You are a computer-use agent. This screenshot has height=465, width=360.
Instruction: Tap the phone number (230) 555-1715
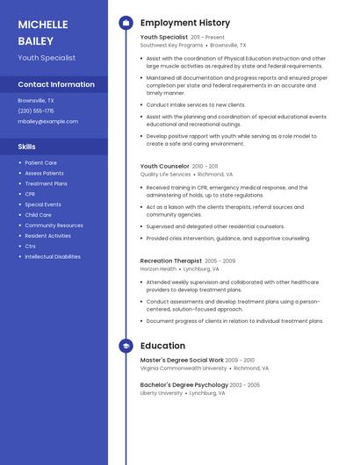coord(36,111)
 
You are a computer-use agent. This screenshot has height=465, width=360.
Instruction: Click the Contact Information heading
coord(56,84)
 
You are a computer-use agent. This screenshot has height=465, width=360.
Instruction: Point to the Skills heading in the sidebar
coord(26,147)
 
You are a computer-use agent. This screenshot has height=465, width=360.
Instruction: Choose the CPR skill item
coord(30,194)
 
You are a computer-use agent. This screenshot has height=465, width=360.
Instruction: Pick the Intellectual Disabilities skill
coord(53,256)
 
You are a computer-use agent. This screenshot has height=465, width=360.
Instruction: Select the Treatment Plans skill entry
coord(46,183)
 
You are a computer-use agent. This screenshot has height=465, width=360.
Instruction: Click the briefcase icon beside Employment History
coord(126,23)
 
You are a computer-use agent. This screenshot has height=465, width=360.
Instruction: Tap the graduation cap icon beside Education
coord(126,346)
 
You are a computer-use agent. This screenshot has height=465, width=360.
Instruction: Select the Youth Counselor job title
coord(164,166)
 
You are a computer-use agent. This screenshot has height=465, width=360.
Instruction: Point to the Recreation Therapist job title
coord(170,261)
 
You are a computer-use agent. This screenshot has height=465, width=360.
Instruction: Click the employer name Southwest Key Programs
coord(170,45)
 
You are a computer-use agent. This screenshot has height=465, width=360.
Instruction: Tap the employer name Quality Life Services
coord(165,174)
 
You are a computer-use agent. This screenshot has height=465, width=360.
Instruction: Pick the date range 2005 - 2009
coord(220,261)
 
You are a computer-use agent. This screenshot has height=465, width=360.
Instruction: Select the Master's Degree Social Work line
coord(182,360)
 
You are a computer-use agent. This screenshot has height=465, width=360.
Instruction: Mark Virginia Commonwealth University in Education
coord(184,368)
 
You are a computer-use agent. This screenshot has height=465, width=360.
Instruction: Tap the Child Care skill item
coord(38,215)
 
